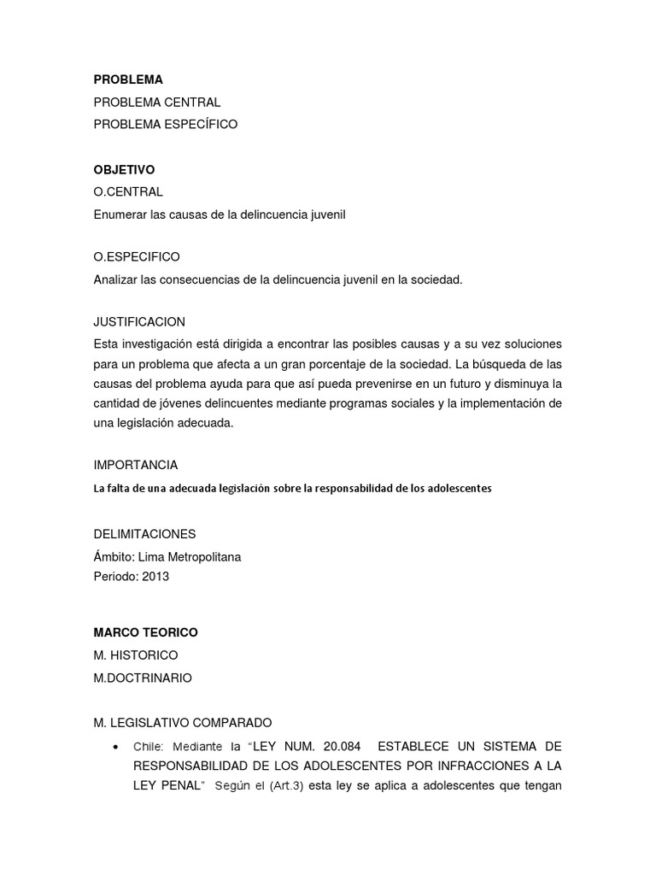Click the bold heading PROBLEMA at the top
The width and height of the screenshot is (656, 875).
[x=128, y=79]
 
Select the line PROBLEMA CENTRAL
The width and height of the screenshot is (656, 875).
[x=157, y=102]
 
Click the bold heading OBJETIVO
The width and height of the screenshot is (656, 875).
[x=124, y=170]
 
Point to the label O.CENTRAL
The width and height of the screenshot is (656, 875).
[x=128, y=191]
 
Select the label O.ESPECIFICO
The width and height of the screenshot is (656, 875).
[x=137, y=256]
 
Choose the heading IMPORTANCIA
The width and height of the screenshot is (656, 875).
[x=136, y=465]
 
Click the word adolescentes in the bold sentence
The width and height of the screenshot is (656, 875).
[x=461, y=488]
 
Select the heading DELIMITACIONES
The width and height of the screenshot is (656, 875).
[x=144, y=534]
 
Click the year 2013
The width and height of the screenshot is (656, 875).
[x=156, y=577]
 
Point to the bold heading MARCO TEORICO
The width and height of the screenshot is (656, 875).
[x=145, y=632]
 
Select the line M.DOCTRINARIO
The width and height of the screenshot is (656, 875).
[x=143, y=678]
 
